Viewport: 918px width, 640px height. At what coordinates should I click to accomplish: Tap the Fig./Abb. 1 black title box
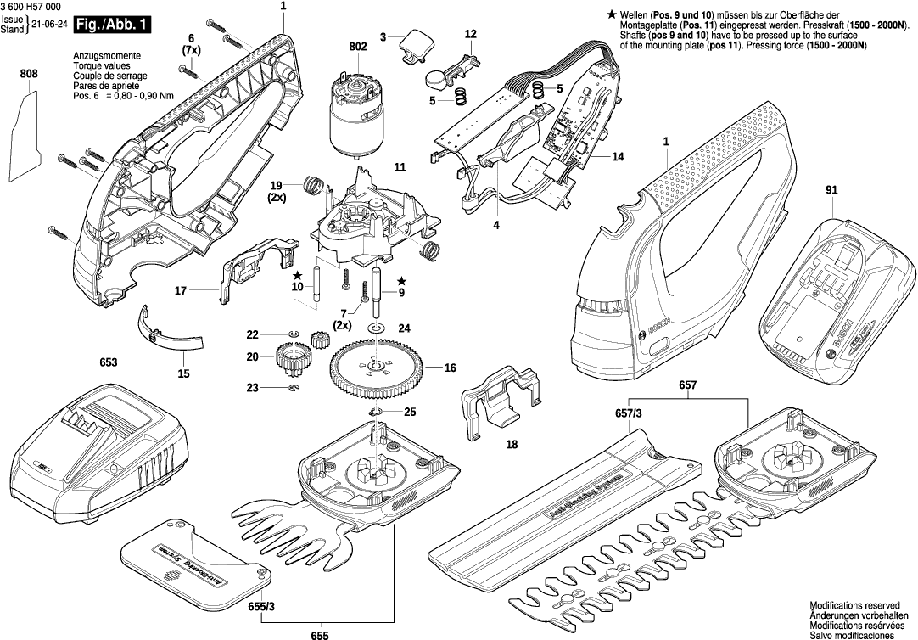pos(112,25)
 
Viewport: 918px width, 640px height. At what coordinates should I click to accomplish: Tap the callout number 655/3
pos(262,606)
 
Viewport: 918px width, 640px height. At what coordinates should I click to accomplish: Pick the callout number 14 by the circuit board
pos(617,157)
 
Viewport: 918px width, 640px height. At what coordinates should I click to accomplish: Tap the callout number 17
pos(181,291)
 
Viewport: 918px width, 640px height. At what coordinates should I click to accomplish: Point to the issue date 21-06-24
pos(48,25)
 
